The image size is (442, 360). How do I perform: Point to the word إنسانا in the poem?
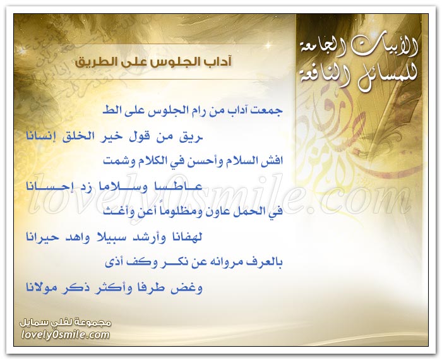[x=39, y=136]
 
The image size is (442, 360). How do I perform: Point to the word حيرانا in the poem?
[x=42, y=237]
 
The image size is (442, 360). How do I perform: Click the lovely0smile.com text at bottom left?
[x=66, y=335]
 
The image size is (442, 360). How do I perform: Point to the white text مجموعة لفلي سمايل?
[x=66, y=323]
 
